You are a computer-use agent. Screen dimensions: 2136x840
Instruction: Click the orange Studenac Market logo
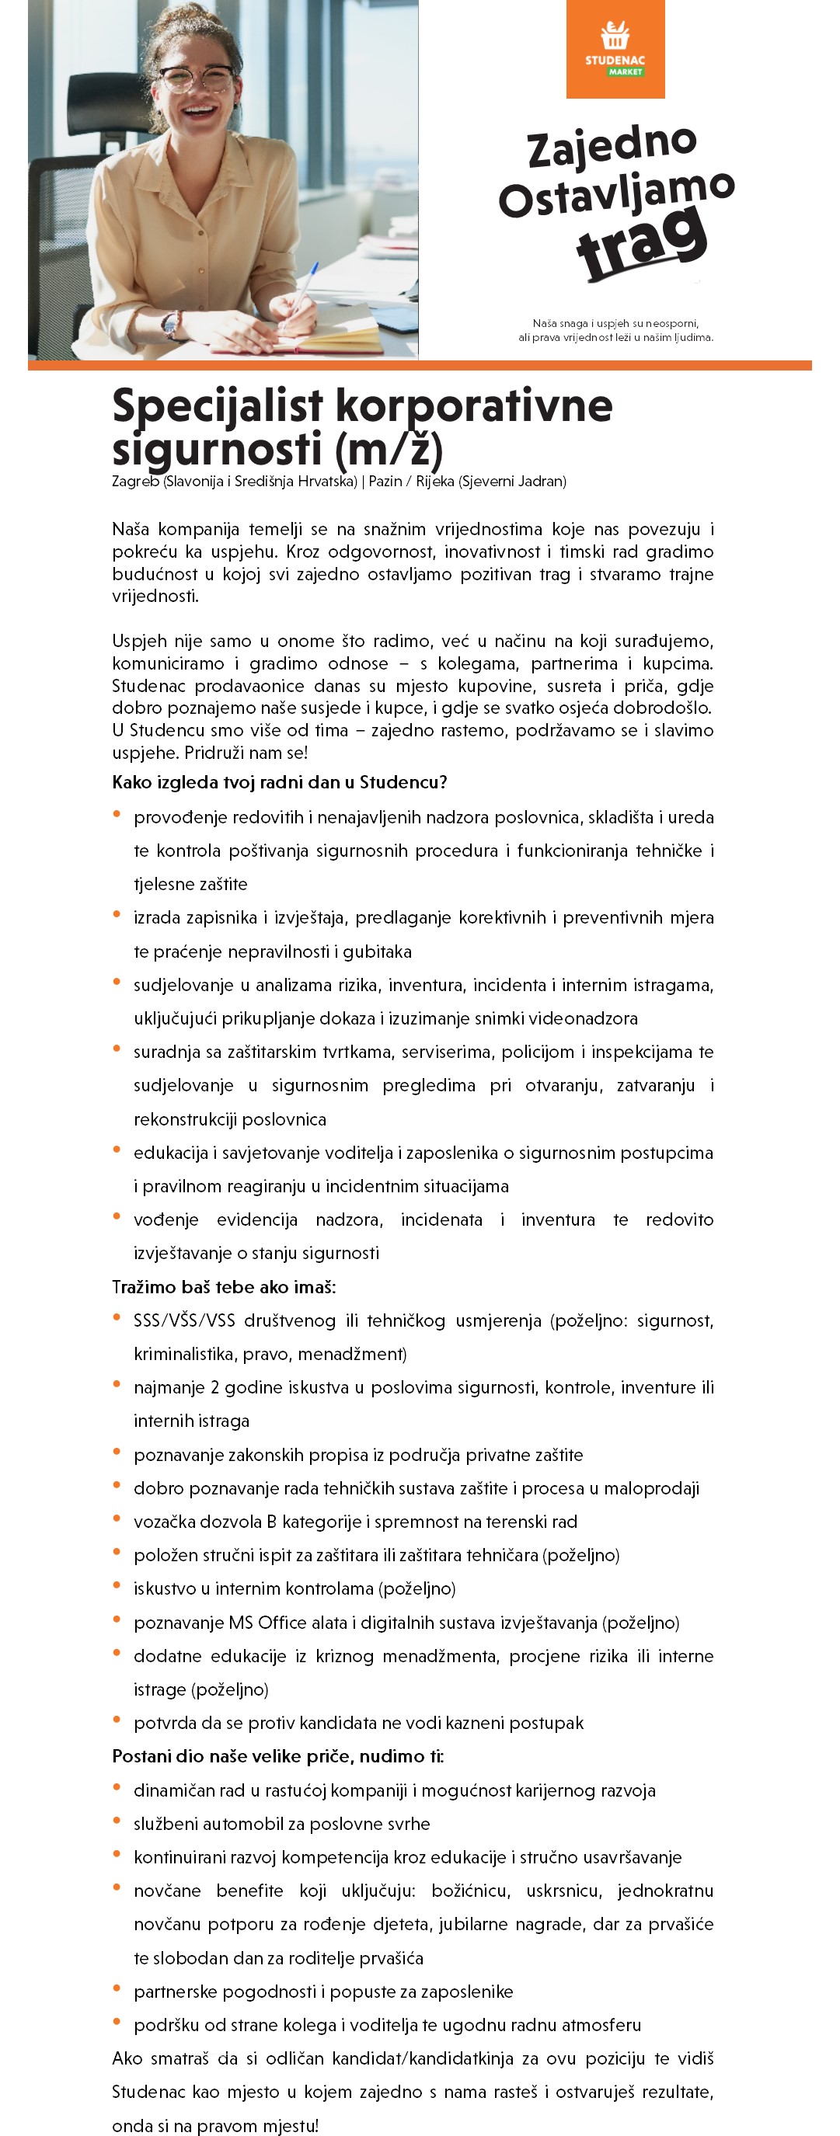pyautogui.click(x=615, y=49)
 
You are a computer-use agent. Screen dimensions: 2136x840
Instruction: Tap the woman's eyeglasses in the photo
pyautogui.click(x=197, y=79)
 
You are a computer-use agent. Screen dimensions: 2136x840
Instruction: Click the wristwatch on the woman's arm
pyautogui.click(x=171, y=324)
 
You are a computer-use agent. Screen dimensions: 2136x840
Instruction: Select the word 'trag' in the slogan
pyautogui.click(x=642, y=242)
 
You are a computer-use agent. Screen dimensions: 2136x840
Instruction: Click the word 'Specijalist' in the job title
pyautogui.click(x=218, y=406)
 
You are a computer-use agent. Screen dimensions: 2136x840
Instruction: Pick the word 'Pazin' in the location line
pyautogui.click(x=385, y=482)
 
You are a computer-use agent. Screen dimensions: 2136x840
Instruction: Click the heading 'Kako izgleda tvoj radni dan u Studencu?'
pyautogui.click(x=280, y=782)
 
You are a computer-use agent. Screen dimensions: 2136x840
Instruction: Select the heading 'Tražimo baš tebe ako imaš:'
pyautogui.click(x=224, y=1287)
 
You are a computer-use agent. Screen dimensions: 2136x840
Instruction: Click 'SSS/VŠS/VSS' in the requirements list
pyautogui.click(x=184, y=1320)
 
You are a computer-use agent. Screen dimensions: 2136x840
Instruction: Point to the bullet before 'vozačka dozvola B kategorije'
pyautogui.click(x=117, y=1519)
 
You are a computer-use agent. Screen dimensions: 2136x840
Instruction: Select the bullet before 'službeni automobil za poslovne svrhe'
pyautogui.click(x=117, y=1821)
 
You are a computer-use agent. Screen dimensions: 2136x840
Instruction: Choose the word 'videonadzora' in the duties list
pyautogui.click(x=583, y=1018)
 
